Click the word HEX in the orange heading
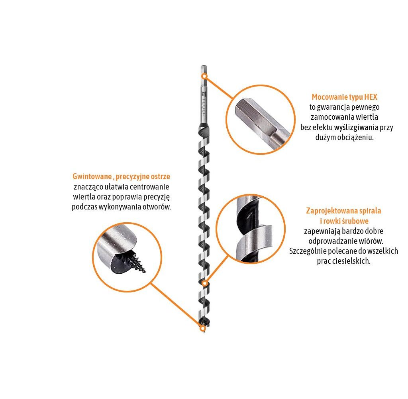[371, 97]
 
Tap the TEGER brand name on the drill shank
[204, 107]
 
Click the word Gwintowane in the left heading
[92, 176]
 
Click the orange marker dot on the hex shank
[205, 76]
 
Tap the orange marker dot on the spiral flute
[205, 283]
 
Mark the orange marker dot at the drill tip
[203, 328]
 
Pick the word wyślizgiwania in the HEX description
[356, 127]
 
